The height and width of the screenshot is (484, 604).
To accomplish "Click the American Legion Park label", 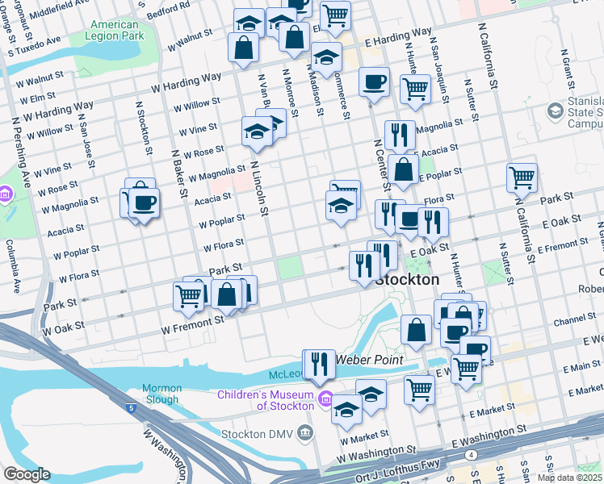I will (114, 31).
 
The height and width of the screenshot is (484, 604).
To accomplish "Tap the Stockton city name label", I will (408, 280).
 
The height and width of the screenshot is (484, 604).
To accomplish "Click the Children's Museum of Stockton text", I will (266, 399).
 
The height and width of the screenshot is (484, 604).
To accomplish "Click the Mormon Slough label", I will (162, 394).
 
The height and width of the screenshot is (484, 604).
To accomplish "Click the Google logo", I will (27, 475).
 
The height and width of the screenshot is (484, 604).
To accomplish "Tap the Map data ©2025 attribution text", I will (569, 478).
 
